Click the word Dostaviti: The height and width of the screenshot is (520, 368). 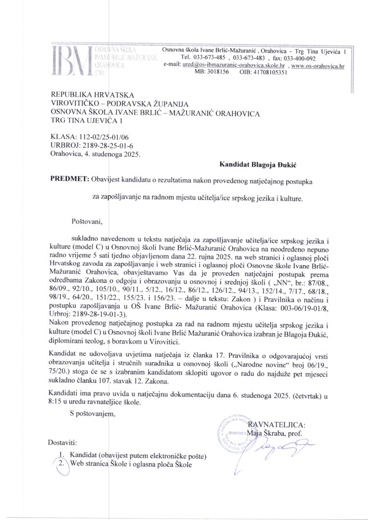[x=63, y=442]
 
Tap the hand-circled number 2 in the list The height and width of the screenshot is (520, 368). [x=61, y=464]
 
